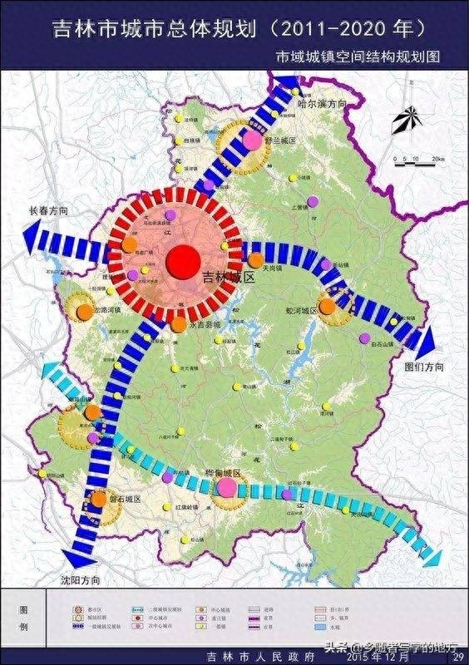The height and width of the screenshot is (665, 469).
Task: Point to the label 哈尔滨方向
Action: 321,105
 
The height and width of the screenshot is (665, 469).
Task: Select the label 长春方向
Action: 47,211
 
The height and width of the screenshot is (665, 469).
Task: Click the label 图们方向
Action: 424,367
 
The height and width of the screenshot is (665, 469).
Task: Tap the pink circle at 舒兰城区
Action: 252,140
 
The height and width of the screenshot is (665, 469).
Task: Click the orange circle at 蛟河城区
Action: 327,306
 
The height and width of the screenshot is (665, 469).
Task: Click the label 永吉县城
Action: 205,327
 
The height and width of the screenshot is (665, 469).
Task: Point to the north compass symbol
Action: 407,122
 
